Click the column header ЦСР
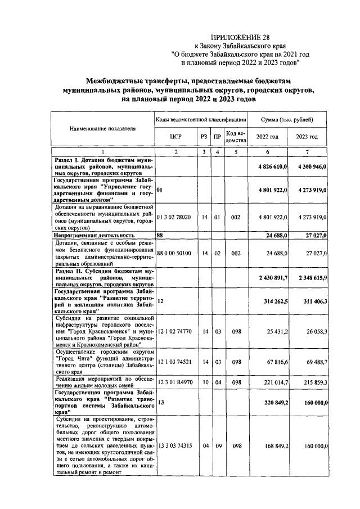click(x=175, y=137)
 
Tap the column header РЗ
click(x=203, y=137)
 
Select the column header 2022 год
click(x=267, y=137)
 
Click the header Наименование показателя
click(x=102, y=129)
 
